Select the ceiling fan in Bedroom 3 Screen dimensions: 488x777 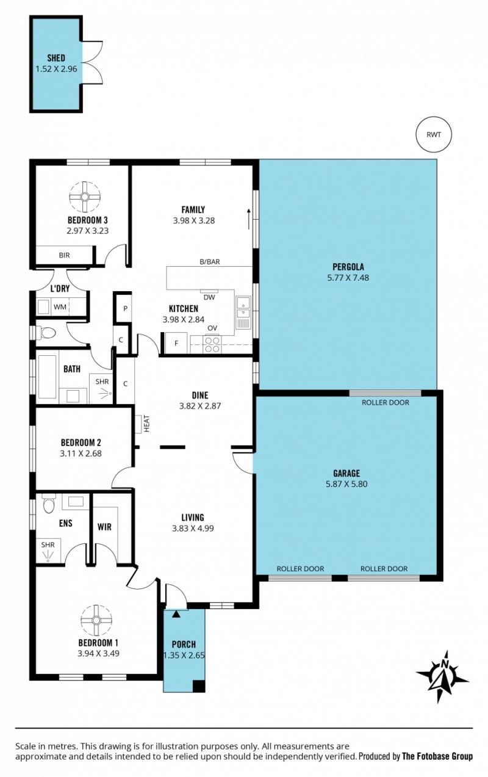85,197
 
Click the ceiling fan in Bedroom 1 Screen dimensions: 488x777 96,621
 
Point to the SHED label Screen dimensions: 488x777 56,58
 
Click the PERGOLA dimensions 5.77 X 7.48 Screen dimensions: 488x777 348,278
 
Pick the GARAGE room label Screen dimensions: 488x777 346,473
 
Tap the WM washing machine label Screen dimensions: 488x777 60,307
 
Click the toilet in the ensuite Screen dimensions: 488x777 49,504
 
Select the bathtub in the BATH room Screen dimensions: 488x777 48,377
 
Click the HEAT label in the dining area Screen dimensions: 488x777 146,424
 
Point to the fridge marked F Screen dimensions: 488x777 176,343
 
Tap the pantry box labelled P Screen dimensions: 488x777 125,308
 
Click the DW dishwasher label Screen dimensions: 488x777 209,297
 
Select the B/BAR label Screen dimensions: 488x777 210,262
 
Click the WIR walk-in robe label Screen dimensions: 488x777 104,527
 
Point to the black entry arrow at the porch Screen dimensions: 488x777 176,614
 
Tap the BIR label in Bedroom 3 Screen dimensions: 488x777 64,255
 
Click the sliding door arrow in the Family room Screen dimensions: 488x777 248,219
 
